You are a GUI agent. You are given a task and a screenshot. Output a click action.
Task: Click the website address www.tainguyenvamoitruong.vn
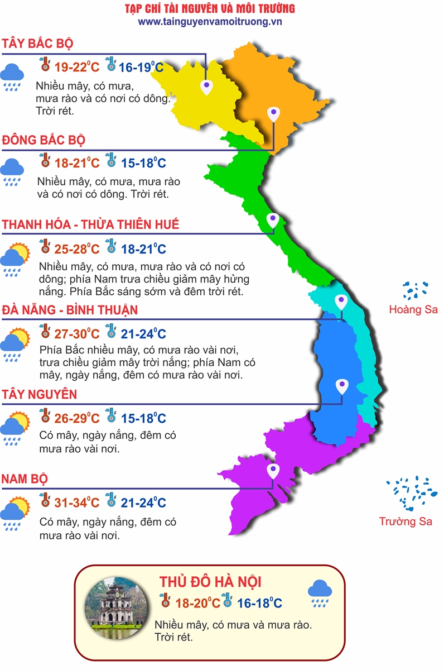pos(210,21)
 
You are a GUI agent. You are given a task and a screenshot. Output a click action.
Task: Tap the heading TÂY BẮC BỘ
pos(38,44)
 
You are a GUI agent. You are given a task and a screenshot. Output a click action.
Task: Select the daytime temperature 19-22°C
pos(77,68)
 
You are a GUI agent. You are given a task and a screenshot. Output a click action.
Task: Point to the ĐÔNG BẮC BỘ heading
pos(44,140)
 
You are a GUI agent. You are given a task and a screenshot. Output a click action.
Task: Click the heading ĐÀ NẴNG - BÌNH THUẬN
pos(70,309)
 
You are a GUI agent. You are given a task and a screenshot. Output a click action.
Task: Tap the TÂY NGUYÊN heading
pos(39,395)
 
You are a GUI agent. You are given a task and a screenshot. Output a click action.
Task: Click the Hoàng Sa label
pos(413,309)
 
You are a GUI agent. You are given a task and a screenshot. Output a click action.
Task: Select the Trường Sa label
pos(406,521)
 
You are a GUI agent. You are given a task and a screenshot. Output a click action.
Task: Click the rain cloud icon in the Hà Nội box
pos(320,594)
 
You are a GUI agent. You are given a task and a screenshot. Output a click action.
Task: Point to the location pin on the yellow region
pos(206,86)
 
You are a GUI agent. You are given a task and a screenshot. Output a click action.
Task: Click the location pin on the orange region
pos(273,114)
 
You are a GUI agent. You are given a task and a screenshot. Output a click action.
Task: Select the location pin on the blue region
pos(341,386)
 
